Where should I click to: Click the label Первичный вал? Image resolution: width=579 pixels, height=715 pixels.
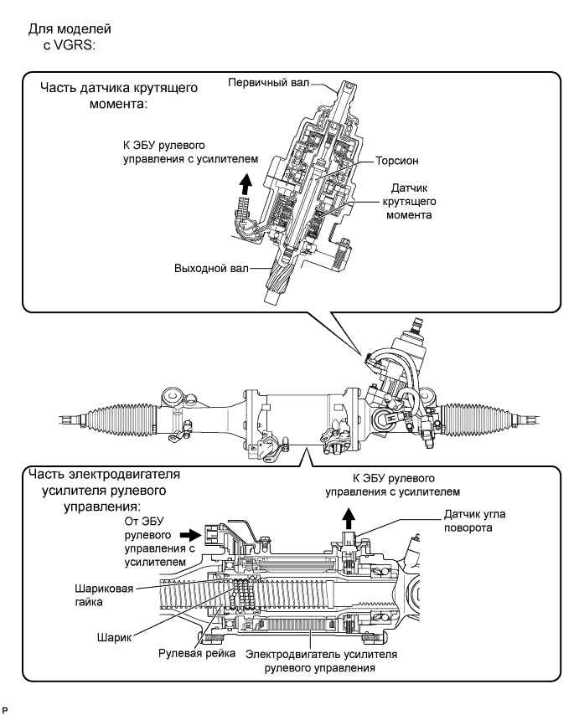[x=268, y=83]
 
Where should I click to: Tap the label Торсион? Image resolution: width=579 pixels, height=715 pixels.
[x=397, y=161]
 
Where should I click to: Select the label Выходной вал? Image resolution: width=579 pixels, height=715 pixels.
[x=211, y=268]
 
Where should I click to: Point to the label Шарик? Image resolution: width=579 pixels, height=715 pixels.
[x=114, y=637]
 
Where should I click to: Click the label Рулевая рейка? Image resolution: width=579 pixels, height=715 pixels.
[x=197, y=653]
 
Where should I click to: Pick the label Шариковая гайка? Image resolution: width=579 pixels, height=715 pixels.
[x=104, y=595]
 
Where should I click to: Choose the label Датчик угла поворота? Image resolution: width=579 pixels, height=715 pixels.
[x=474, y=521]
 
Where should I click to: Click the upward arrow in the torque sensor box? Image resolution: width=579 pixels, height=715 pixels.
[x=246, y=185]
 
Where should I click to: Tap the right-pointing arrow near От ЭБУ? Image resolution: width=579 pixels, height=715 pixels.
[x=190, y=533]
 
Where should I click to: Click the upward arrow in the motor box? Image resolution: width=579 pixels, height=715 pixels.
[x=349, y=519]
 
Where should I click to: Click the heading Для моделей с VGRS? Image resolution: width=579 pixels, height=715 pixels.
[x=70, y=37]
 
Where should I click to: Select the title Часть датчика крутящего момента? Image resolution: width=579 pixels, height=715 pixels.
[x=119, y=95]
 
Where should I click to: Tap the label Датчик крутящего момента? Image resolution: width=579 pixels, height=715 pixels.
[x=409, y=201]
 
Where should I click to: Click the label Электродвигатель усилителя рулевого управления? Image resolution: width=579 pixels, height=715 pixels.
[x=321, y=661]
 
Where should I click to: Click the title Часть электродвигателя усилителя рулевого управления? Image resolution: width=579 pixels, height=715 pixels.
[x=104, y=491]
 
